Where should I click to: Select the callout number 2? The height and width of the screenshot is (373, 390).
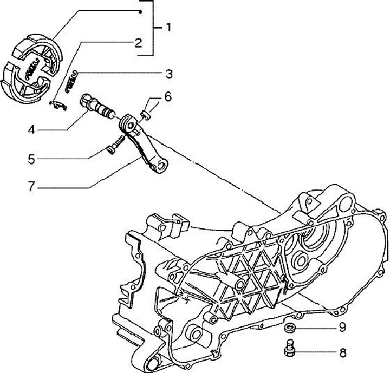click(x=138, y=42)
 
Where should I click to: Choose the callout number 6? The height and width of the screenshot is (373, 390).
click(x=167, y=97)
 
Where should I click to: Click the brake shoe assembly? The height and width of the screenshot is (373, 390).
click(x=36, y=68)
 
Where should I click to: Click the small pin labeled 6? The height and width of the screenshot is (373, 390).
click(x=145, y=114)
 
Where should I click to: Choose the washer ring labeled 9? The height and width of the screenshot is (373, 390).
click(x=290, y=328)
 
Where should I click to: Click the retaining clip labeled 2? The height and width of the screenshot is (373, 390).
click(x=57, y=104)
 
